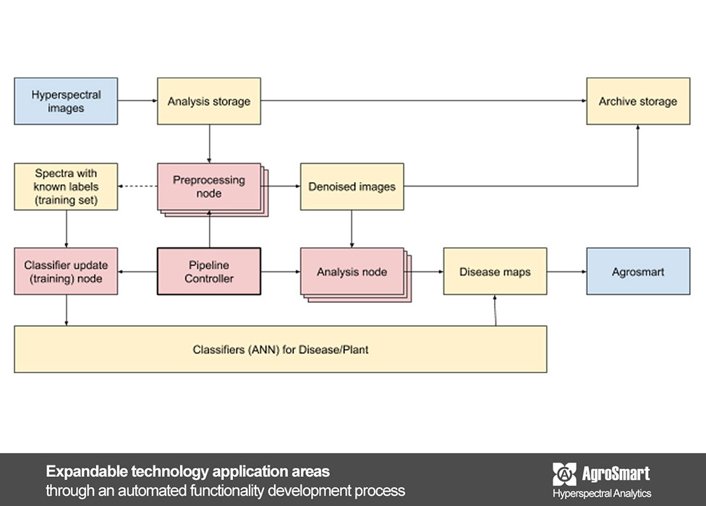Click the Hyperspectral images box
click(x=66, y=101)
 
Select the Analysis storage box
click(x=209, y=101)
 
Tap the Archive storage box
click(x=637, y=101)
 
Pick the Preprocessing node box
click(x=208, y=186)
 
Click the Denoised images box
click(x=352, y=186)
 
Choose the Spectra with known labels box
click(x=66, y=186)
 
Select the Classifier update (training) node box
click(x=66, y=271)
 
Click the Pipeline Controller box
click(x=209, y=271)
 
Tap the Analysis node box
click(x=352, y=272)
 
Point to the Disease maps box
click(x=495, y=271)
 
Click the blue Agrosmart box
click(x=637, y=271)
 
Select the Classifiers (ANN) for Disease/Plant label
click(x=280, y=350)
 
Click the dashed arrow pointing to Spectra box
click(x=137, y=186)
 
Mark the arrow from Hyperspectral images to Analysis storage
click(x=137, y=101)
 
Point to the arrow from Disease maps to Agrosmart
click(x=566, y=272)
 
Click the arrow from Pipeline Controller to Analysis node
click(x=281, y=272)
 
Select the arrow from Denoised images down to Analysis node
click(x=352, y=228)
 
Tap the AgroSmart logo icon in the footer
click(x=564, y=474)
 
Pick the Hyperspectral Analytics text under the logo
click(x=602, y=493)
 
